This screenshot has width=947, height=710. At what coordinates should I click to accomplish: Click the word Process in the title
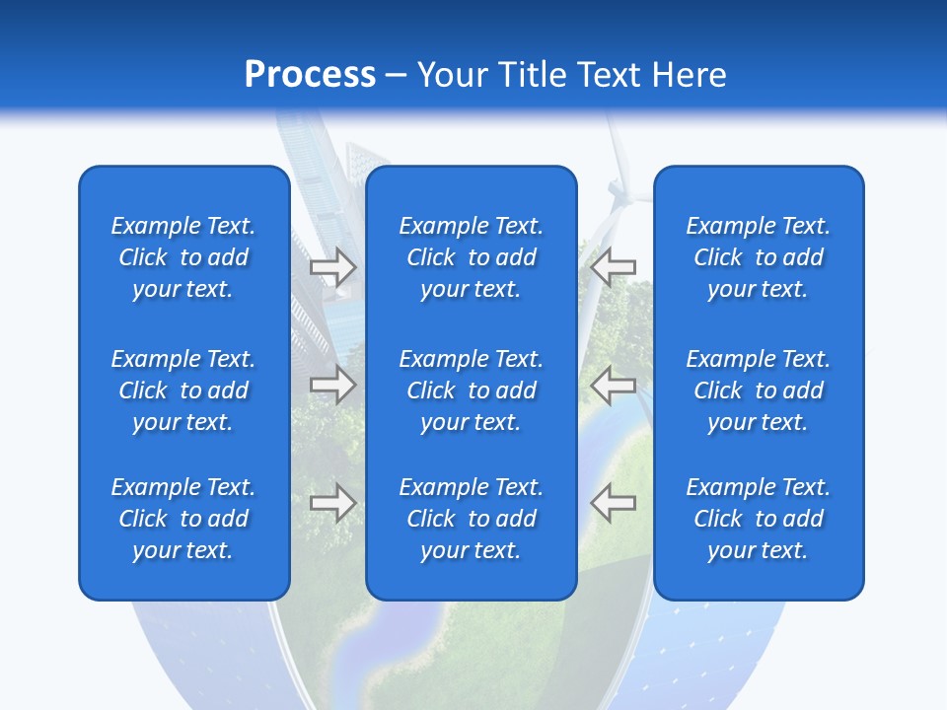point(310,75)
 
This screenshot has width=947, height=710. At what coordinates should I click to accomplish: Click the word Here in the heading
point(688,75)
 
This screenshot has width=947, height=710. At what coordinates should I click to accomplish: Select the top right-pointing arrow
point(333,266)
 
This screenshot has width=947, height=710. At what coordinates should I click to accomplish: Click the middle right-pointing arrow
point(333,384)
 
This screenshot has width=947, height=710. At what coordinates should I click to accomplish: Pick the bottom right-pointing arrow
point(333,502)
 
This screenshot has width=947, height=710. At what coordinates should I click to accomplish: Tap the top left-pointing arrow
point(613,266)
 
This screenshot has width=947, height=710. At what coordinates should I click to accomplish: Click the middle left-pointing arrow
point(613,384)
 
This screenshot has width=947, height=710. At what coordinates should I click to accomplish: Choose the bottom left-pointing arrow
point(613,502)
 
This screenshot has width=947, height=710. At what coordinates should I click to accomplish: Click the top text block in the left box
point(183,257)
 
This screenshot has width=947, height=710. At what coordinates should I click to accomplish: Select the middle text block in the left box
point(183,390)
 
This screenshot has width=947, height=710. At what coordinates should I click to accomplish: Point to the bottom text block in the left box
point(183,519)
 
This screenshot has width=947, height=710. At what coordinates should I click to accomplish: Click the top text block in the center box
point(472,257)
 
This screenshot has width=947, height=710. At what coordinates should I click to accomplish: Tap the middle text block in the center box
point(472,390)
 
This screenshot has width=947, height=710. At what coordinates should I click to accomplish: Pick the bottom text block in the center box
point(472,519)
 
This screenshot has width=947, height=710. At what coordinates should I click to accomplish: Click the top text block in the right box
point(759,257)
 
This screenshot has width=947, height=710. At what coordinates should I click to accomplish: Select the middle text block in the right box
point(759,390)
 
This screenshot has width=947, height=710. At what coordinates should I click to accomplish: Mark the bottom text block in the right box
point(759,519)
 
